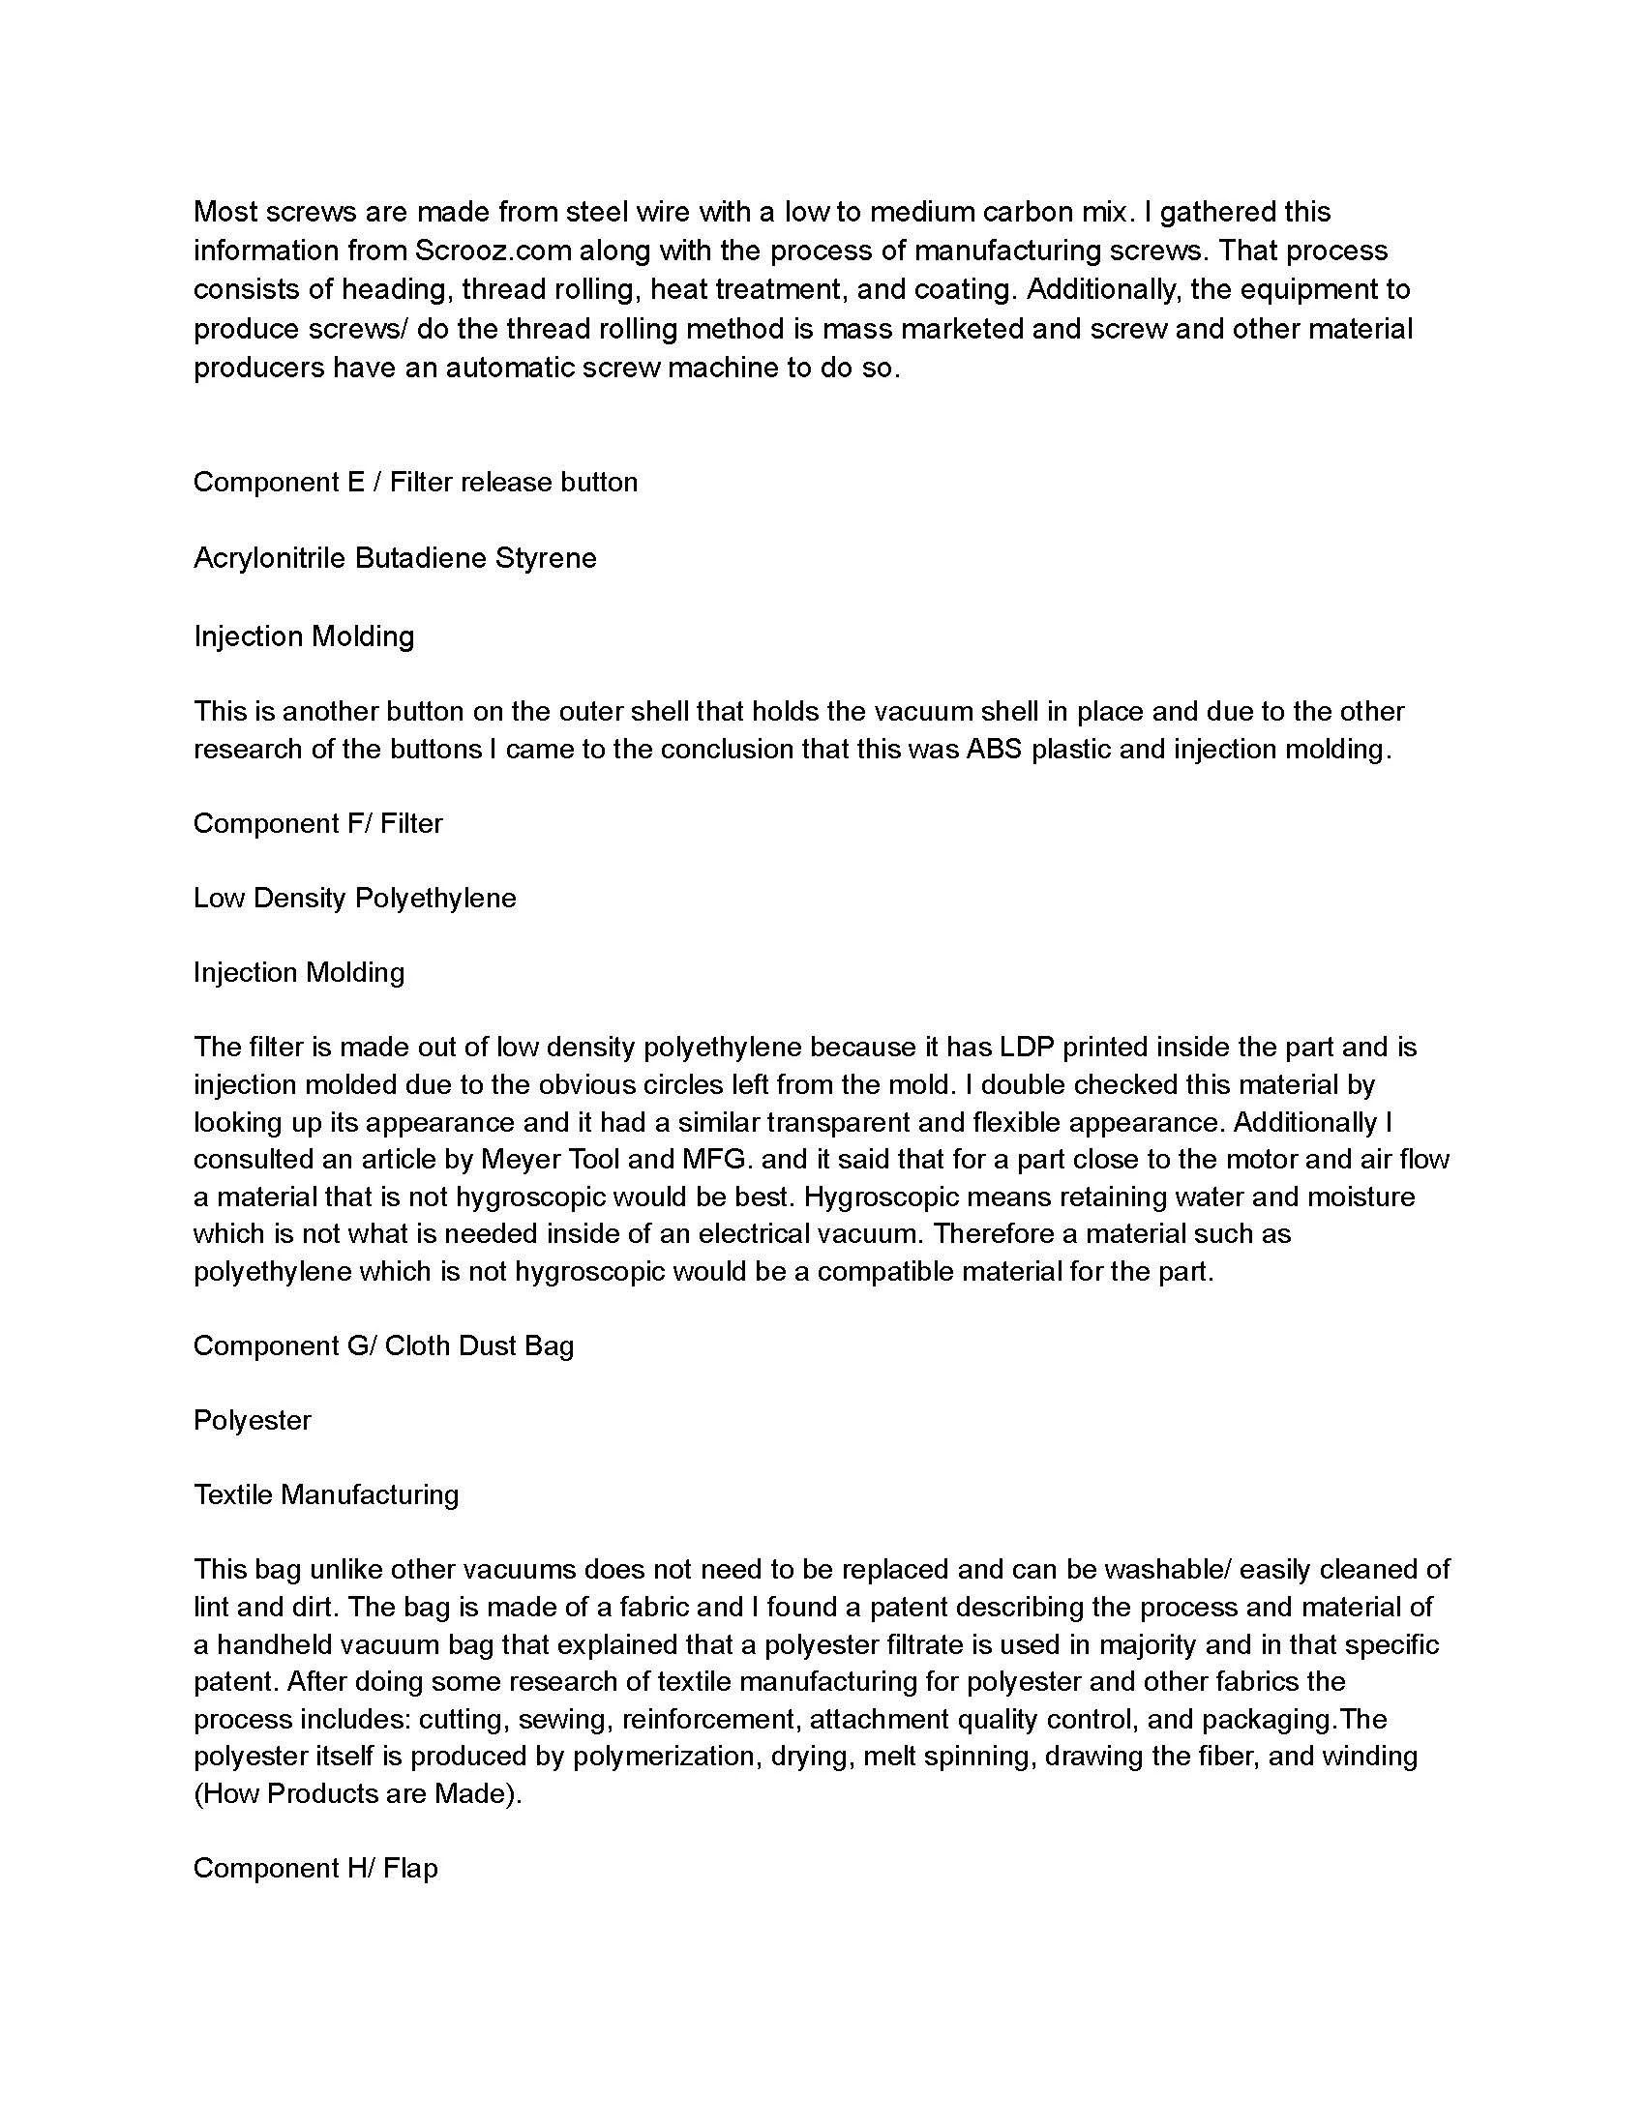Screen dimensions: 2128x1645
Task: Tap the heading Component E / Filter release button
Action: coord(415,483)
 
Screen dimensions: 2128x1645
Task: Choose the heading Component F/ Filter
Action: coord(317,823)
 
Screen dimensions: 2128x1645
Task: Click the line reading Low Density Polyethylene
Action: coord(355,898)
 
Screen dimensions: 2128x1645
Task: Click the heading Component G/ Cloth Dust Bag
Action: coord(383,1345)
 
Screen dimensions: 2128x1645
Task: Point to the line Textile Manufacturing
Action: coord(325,1494)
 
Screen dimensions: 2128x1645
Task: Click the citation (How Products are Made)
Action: coord(358,1793)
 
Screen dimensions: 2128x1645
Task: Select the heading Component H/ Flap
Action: coord(315,1868)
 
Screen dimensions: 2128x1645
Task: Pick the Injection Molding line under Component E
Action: coord(304,636)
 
